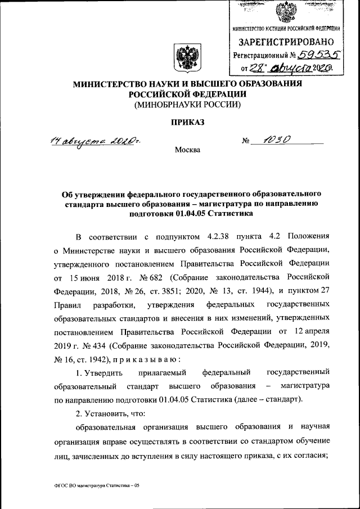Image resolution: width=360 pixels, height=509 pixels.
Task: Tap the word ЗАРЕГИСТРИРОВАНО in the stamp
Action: pyautogui.click(x=287, y=42)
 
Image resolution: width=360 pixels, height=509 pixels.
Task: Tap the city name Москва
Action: pyautogui.click(x=187, y=150)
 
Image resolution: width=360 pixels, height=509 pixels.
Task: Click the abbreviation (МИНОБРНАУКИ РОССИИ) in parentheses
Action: pyautogui.click(x=187, y=105)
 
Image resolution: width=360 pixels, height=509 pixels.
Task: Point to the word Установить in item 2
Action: pyautogui.click(x=107, y=414)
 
